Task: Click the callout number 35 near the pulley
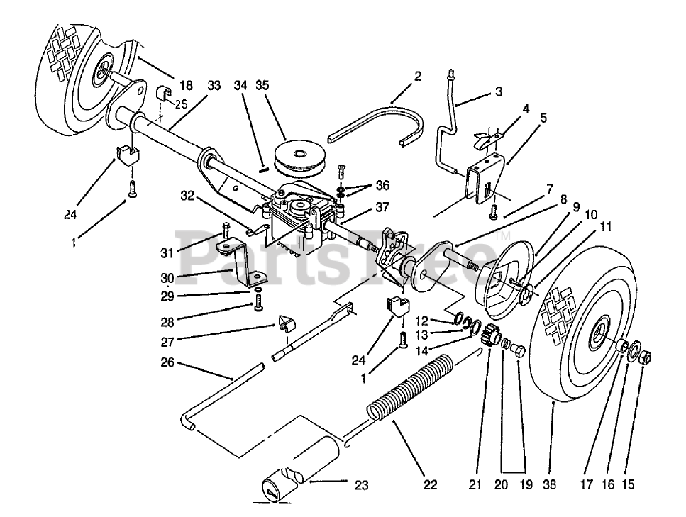(x=262, y=85)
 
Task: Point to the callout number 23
(x=362, y=485)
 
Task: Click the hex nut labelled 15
(x=646, y=356)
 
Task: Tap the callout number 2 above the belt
(x=418, y=77)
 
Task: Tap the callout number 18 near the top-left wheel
(x=185, y=85)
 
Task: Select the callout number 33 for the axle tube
(x=214, y=85)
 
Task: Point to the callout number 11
(x=604, y=228)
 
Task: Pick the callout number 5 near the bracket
(x=543, y=118)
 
